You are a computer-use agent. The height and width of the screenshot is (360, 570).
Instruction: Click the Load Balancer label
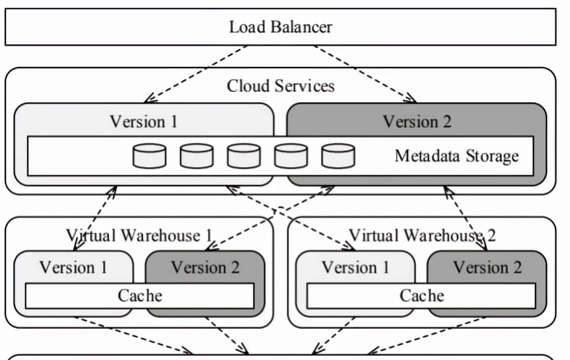click(281, 27)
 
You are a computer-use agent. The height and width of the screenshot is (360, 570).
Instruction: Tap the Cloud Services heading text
click(281, 86)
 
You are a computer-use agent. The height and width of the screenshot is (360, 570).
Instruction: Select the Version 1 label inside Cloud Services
click(143, 121)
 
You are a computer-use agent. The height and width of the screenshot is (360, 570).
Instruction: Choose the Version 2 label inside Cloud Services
click(417, 121)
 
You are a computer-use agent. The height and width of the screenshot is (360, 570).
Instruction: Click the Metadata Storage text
click(456, 156)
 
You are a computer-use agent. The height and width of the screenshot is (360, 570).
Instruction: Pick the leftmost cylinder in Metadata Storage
click(150, 156)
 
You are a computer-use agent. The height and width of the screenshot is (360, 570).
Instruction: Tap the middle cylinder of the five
click(244, 156)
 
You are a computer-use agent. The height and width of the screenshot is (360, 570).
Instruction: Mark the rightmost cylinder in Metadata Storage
click(338, 156)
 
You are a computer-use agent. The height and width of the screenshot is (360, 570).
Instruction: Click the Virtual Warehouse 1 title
click(139, 235)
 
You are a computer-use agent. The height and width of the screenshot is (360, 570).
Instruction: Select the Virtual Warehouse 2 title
click(421, 235)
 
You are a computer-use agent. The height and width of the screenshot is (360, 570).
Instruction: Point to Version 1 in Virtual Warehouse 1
click(73, 267)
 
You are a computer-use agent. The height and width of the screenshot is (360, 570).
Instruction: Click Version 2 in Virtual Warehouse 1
click(205, 267)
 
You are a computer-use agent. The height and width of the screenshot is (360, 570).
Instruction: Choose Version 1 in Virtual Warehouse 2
click(355, 267)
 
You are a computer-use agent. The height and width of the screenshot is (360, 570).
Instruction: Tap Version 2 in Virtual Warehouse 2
click(487, 267)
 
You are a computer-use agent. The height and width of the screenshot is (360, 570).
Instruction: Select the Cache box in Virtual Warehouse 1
click(139, 295)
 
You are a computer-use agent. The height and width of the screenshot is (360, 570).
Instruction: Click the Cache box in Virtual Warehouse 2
click(421, 295)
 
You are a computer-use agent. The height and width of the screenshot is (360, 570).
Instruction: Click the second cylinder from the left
click(197, 156)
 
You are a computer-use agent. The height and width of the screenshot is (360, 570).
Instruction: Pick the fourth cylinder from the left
click(291, 156)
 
